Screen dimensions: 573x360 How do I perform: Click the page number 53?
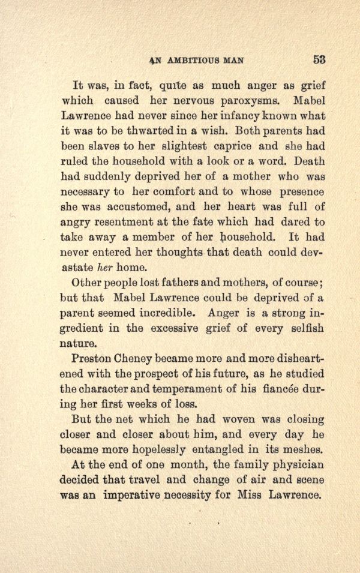click(319, 59)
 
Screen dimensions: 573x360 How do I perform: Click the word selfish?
click(304, 329)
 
